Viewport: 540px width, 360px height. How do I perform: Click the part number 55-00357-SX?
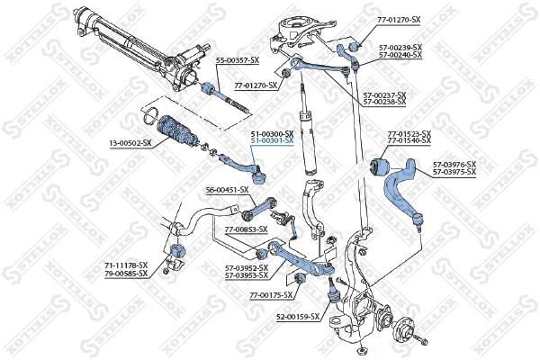(x=238, y=59)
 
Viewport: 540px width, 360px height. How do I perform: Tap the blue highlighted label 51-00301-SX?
(x=272, y=141)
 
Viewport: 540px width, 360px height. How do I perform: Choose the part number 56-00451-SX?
(x=227, y=190)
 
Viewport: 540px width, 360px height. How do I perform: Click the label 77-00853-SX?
(x=246, y=229)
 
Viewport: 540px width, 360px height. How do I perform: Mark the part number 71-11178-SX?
(x=124, y=265)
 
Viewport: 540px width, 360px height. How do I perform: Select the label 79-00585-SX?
(x=124, y=273)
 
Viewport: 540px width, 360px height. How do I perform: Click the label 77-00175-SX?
(x=271, y=295)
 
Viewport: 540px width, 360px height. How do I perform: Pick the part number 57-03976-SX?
(x=454, y=164)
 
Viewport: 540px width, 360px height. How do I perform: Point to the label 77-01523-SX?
(x=409, y=134)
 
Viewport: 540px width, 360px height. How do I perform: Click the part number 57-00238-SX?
(x=384, y=102)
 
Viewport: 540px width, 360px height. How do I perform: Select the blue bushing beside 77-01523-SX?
(x=380, y=166)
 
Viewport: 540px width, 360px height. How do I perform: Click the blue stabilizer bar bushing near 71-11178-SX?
(x=177, y=248)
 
